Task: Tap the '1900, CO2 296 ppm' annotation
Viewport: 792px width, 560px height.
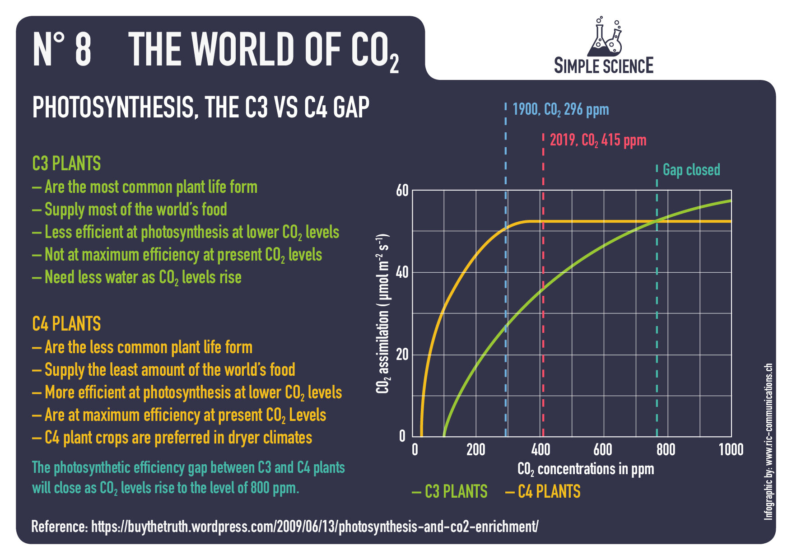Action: [x=560, y=109]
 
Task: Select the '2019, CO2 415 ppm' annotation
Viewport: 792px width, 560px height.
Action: [x=598, y=140]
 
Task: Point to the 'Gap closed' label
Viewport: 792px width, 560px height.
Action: [x=691, y=170]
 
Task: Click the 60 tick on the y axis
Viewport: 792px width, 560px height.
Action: [x=402, y=191]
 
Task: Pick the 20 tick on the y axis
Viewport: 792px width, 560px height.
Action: [x=402, y=355]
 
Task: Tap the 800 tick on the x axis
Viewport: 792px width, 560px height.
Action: [x=666, y=449]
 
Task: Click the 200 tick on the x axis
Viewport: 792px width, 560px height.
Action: [x=476, y=449]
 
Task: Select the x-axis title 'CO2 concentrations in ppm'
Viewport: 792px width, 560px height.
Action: [x=585, y=469]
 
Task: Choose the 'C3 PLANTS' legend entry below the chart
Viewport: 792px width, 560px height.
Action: [x=450, y=491]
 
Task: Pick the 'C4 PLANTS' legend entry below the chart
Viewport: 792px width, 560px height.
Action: [x=543, y=491]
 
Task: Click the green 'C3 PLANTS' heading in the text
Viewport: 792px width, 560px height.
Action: [x=66, y=163]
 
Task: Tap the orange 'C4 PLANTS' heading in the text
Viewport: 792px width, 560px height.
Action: [x=66, y=324]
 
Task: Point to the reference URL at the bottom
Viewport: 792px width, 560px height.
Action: [x=284, y=527]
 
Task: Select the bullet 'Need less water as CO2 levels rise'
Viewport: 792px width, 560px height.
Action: [x=137, y=277]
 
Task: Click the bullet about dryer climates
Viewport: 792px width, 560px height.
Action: [x=172, y=438]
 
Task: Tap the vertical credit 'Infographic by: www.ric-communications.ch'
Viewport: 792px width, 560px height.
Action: [x=768, y=441]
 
